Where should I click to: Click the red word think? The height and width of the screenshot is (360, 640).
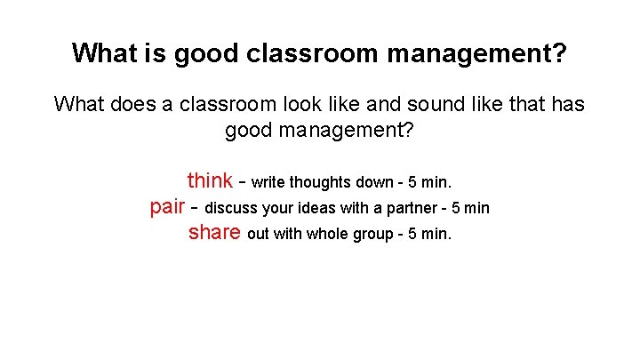point(210,181)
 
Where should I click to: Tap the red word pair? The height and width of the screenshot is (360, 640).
point(167,207)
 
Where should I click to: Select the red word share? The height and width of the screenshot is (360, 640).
point(214,233)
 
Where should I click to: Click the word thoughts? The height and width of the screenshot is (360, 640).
point(322,183)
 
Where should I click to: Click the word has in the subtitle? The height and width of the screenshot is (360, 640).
point(567,104)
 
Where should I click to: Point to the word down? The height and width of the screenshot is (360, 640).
point(375,183)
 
